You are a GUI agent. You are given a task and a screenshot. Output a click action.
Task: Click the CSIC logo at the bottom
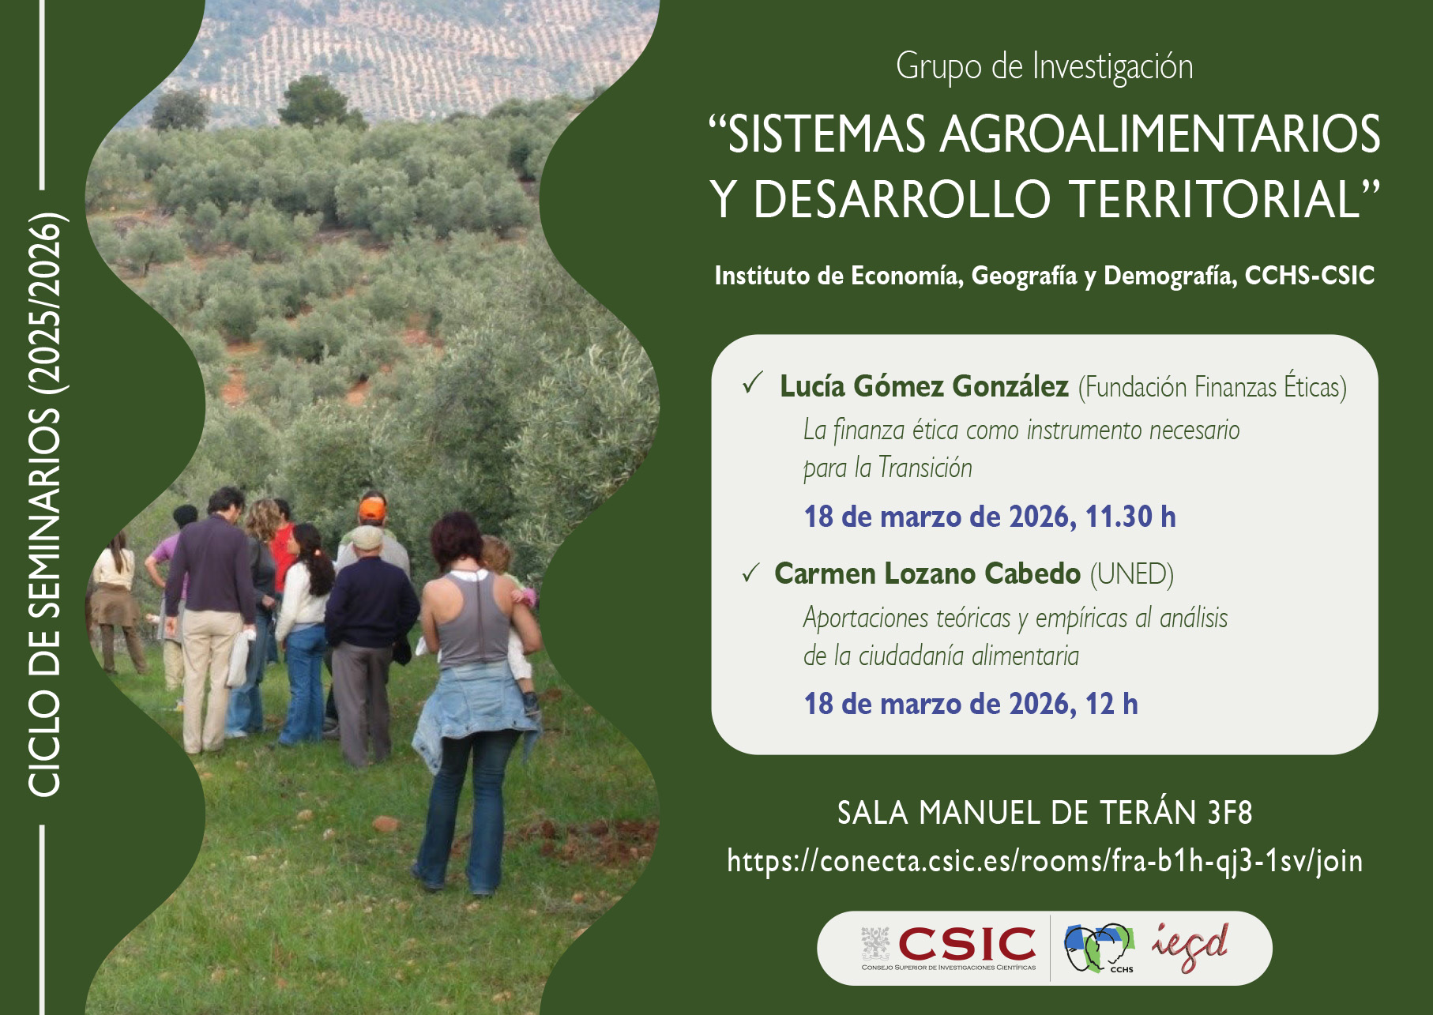click(x=949, y=947)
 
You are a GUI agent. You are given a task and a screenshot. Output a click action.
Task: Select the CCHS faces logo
click(x=1098, y=947)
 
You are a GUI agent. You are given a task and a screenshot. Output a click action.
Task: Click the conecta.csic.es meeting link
click(x=1044, y=860)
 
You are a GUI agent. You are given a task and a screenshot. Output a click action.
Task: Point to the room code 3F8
click(x=1229, y=812)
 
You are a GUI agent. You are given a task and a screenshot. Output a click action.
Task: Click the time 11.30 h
click(x=1130, y=517)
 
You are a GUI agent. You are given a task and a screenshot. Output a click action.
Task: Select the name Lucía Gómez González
click(x=923, y=386)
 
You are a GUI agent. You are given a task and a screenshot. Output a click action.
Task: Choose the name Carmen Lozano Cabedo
click(x=927, y=573)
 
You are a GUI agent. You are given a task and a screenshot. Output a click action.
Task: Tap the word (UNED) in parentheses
click(x=1131, y=574)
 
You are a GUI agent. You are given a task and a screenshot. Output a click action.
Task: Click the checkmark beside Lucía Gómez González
click(x=751, y=385)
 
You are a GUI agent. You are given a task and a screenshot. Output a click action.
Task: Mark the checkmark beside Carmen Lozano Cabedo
click(x=750, y=573)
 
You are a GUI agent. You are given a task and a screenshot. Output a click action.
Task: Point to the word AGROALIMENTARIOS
click(x=1160, y=134)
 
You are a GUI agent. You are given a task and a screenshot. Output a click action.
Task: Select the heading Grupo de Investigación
click(x=1044, y=66)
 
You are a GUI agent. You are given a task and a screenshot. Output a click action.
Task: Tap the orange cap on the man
click(x=371, y=509)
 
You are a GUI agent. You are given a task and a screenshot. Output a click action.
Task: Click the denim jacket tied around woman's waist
click(x=473, y=703)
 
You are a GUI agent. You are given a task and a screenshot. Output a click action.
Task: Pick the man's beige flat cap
click(x=367, y=536)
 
